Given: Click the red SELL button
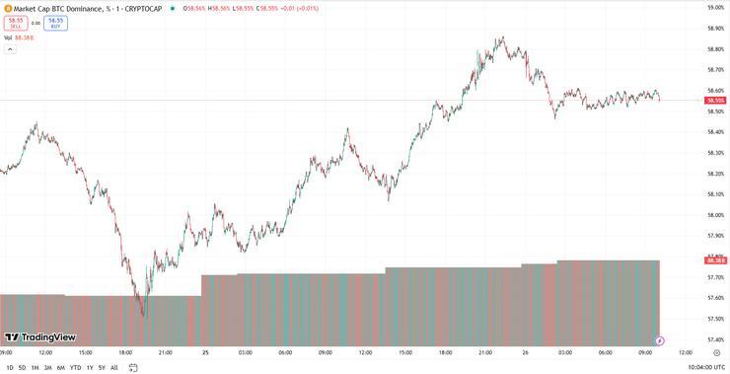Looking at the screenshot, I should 16,22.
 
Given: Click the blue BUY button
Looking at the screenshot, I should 55,22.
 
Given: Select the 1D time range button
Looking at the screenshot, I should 9,367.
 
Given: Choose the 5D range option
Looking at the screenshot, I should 22,367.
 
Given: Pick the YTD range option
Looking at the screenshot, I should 75,367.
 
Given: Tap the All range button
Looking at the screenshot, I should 113,367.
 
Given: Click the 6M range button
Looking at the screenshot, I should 60,367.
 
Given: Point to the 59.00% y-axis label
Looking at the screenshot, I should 716,8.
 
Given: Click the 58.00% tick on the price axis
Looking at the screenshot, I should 716,215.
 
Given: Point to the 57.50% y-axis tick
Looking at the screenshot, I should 716,319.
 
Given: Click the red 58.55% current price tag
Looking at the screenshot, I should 716,101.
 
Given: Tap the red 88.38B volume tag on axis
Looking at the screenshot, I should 716,260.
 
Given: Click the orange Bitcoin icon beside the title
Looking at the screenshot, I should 7,8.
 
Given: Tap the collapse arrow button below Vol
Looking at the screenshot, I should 9,48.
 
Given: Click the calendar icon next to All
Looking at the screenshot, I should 131,367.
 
